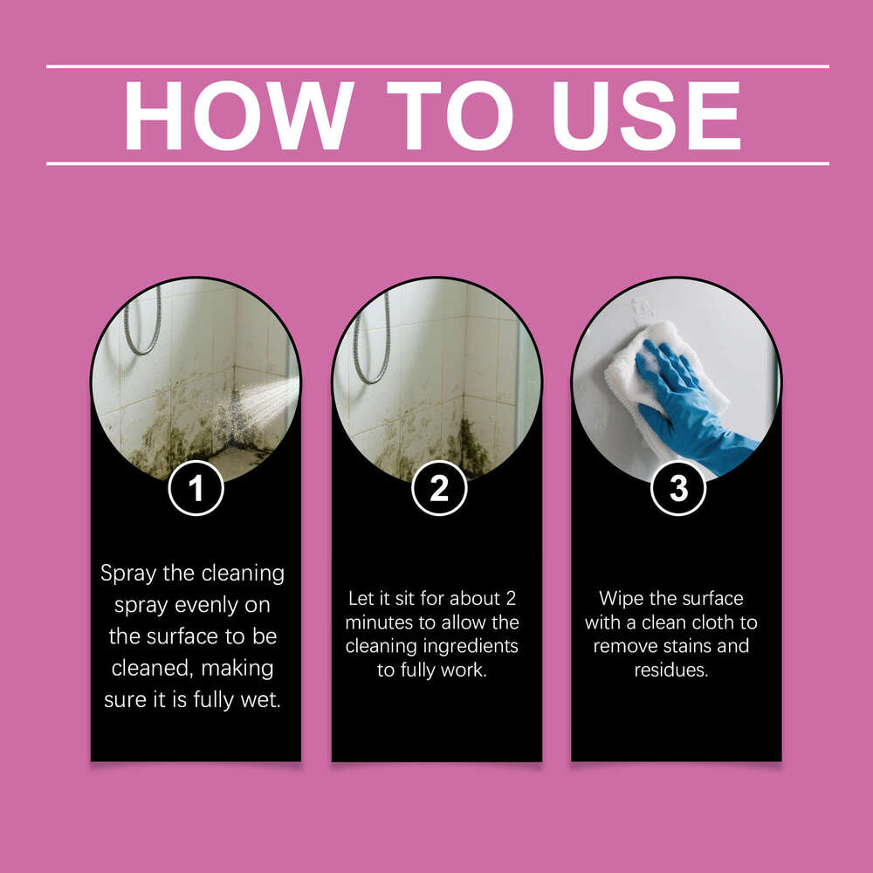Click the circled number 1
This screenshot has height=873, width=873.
tap(196, 489)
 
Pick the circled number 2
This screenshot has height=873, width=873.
tap(437, 489)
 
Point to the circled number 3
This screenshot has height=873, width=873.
tap(678, 489)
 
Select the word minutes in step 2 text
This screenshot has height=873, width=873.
tap(379, 623)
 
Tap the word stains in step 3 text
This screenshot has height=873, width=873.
tap(684, 647)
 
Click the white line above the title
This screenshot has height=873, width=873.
tap(436, 66)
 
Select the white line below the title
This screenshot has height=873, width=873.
tap(436, 163)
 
